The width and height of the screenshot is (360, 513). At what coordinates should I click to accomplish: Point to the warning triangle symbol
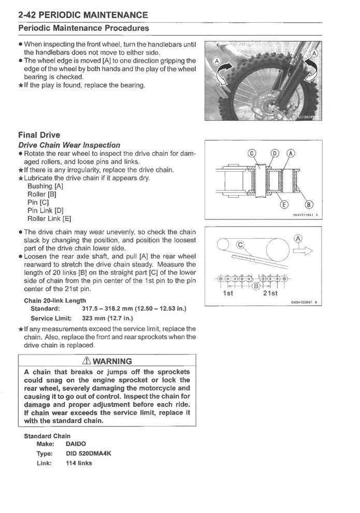tap(77, 361)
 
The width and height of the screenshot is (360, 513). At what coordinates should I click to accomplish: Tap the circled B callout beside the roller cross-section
tap(310, 203)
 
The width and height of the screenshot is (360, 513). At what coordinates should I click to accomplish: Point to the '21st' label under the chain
tap(270, 294)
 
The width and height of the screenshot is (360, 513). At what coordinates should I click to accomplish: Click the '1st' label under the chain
tap(228, 294)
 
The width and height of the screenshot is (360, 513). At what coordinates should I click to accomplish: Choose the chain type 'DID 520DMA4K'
tap(89, 453)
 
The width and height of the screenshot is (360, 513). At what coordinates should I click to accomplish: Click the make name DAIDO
tap(77, 444)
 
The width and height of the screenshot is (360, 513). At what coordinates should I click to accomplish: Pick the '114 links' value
tap(79, 463)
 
